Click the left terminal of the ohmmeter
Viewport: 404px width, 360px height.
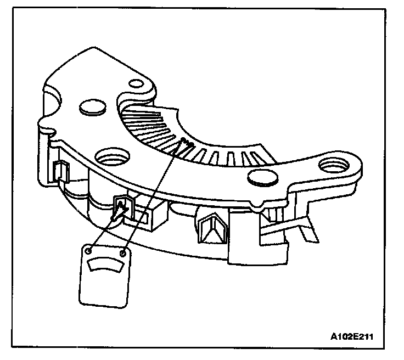[x=89, y=251]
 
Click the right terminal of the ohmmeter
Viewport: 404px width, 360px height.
[x=123, y=254]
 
